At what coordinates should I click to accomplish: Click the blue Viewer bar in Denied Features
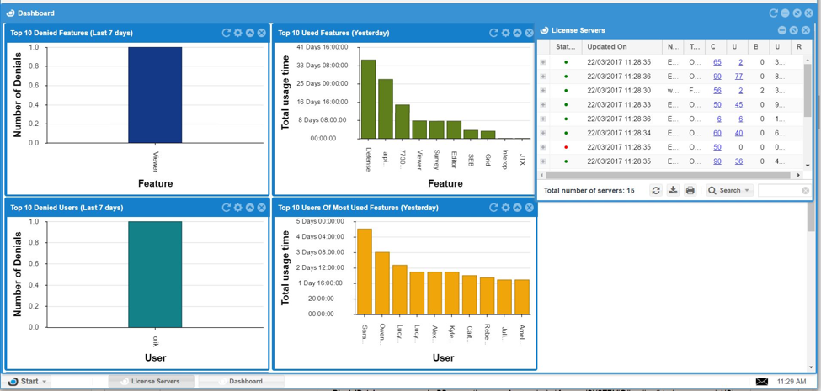[x=155, y=94]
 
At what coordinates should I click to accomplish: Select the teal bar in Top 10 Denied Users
[x=155, y=274]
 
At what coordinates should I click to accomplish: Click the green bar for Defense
[x=368, y=99]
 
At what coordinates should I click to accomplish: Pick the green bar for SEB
[x=471, y=134]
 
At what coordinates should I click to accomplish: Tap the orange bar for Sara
[x=365, y=271]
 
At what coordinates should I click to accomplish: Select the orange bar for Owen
[x=382, y=283]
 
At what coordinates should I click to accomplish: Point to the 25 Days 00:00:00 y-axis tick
[x=323, y=83]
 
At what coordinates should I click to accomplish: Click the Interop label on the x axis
[x=505, y=159]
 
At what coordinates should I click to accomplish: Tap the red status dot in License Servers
[x=566, y=147]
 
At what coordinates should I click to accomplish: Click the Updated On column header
[x=607, y=47]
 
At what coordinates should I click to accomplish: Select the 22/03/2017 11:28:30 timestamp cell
[x=619, y=91]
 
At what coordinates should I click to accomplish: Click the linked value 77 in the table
[x=738, y=77]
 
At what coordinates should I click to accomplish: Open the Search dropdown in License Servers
[x=729, y=191]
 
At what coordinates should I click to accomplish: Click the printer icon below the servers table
[x=690, y=191]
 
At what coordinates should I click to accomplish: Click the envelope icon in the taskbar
[x=762, y=381]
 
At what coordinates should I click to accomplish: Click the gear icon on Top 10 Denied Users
[x=238, y=208]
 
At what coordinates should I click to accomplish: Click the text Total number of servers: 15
[x=589, y=191]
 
